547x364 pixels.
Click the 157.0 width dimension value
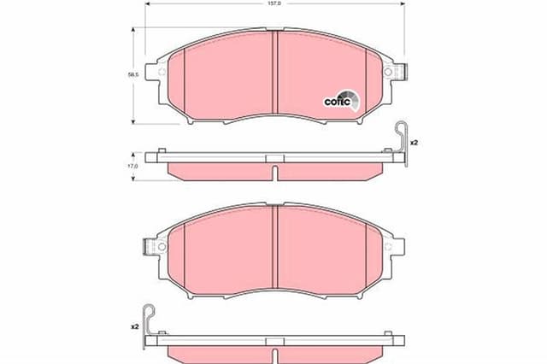pyautogui.click(x=273, y=3)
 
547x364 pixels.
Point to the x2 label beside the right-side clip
pyautogui.click(x=413, y=142)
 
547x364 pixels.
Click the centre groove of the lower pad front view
pyautogui.click(x=273, y=248)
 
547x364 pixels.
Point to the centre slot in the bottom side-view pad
pyautogui.click(x=273, y=352)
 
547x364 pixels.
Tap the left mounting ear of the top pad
pyautogui.click(x=156, y=75)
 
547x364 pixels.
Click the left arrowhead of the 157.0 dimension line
pyautogui.click(x=148, y=4)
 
